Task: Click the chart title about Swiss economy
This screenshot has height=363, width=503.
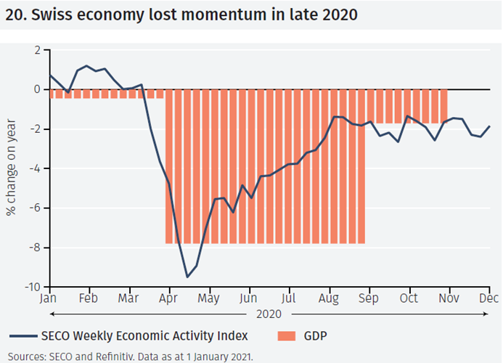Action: point(181,15)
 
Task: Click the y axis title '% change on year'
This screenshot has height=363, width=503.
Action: point(12,168)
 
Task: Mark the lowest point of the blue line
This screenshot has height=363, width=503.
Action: point(187,277)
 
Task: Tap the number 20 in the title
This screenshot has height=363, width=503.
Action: point(14,15)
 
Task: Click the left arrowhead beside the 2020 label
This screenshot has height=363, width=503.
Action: point(52,315)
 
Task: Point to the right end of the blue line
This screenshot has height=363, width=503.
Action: point(489,126)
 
